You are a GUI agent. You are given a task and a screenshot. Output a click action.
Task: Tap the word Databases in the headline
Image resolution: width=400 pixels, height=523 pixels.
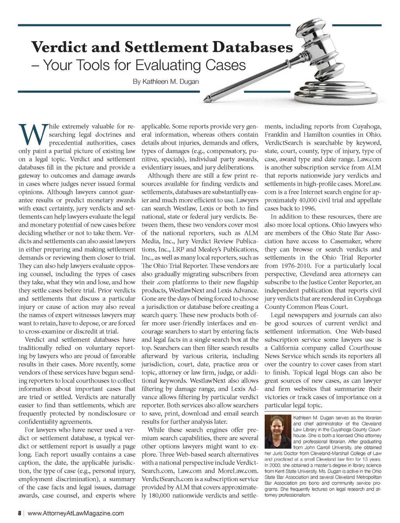point(252,47)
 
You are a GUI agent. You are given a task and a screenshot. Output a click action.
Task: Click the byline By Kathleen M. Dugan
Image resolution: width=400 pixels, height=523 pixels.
point(166,82)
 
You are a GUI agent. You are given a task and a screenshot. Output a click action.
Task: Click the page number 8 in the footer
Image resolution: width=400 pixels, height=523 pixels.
point(19,513)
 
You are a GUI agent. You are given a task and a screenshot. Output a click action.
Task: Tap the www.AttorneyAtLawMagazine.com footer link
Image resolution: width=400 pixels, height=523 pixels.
point(76,513)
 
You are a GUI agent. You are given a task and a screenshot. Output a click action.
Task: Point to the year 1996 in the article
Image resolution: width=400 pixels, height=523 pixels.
point(307,208)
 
